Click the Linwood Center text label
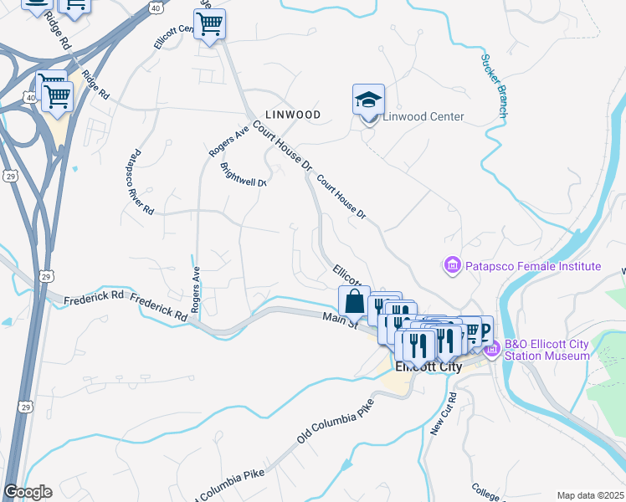pyautogui.click(x=423, y=116)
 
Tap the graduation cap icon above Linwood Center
pyautogui.click(x=368, y=100)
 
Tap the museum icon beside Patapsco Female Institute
pyautogui.click(x=453, y=266)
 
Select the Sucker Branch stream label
pyautogui.click(x=493, y=86)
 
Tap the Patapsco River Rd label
pyautogui.click(x=139, y=181)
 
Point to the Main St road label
pyautogui.click(x=341, y=320)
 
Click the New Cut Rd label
pyautogui.click(x=443, y=413)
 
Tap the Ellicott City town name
pyautogui.click(x=428, y=366)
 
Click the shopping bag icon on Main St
pyautogui.click(x=354, y=302)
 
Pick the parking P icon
pyautogui.click(x=483, y=327)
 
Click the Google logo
pyautogui.click(x=28, y=492)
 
